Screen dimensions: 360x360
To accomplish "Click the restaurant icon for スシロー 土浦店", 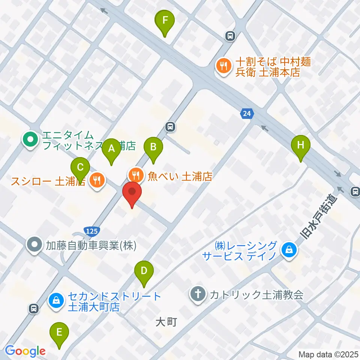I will pos(97,181).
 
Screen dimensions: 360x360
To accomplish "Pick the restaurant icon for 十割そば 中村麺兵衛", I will pos(223,66).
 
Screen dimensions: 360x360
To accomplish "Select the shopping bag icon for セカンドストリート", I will pos(56,300).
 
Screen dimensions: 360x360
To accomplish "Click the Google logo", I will pos(25,351).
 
